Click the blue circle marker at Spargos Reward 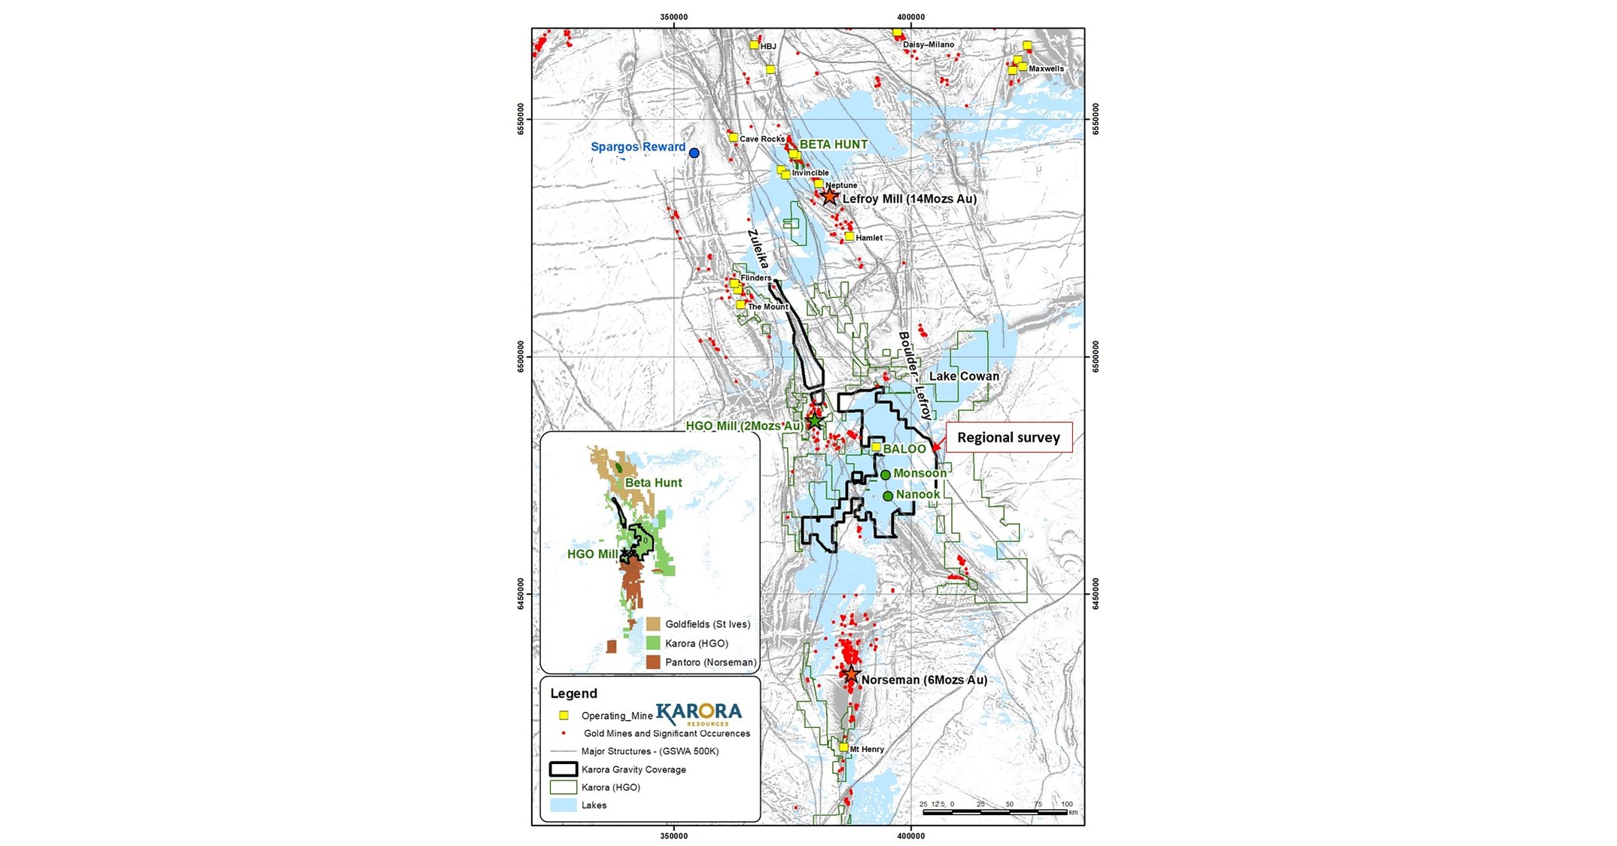(x=694, y=153)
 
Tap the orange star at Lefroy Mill (x=829, y=197)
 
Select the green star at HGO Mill (x=816, y=420)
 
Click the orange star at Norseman (x=850, y=674)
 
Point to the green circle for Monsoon (x=886, y=475)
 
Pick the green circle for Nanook (x=888, y=496)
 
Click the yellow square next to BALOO (x=876, y=447)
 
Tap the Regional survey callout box (x=1008, y=437)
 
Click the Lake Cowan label (x=964, y=376)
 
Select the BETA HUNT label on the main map (x=833, y=145)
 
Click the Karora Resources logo (x=698, y=713)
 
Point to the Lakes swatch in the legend (x=564, y=805)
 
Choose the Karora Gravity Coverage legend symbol (x=564, y=769)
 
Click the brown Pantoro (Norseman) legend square (x=653, y=662)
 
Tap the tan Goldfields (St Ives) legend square (x=653, y=624)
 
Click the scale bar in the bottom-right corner (x=995, y=812)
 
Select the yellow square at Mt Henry (x=843, y=747)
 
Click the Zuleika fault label (x=758, y=250)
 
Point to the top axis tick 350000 (x=673, y=17)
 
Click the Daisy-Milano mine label (x=928, y=44)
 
